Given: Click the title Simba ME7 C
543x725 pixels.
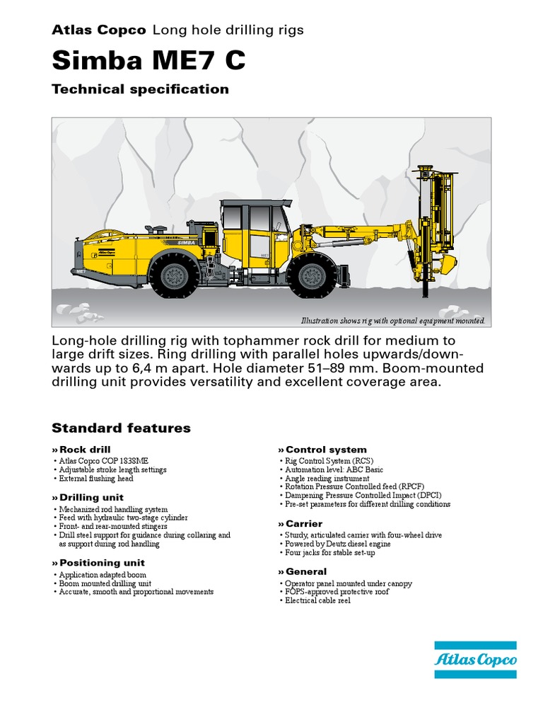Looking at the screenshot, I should pos(148,61).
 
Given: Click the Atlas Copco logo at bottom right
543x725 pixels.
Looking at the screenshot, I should pos(475,660).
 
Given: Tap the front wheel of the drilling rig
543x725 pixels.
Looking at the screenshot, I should pos(312,275).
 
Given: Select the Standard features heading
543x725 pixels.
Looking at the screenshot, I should pos(121,428).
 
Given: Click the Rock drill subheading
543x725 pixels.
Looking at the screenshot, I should pos(84,450).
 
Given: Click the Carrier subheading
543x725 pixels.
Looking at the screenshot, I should pos(303,524).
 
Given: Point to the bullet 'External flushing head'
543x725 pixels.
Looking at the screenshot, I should pos(95,479).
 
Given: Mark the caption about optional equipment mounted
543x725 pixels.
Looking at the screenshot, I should pos(394,321).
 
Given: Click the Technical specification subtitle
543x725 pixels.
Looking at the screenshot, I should pos(140,89).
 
